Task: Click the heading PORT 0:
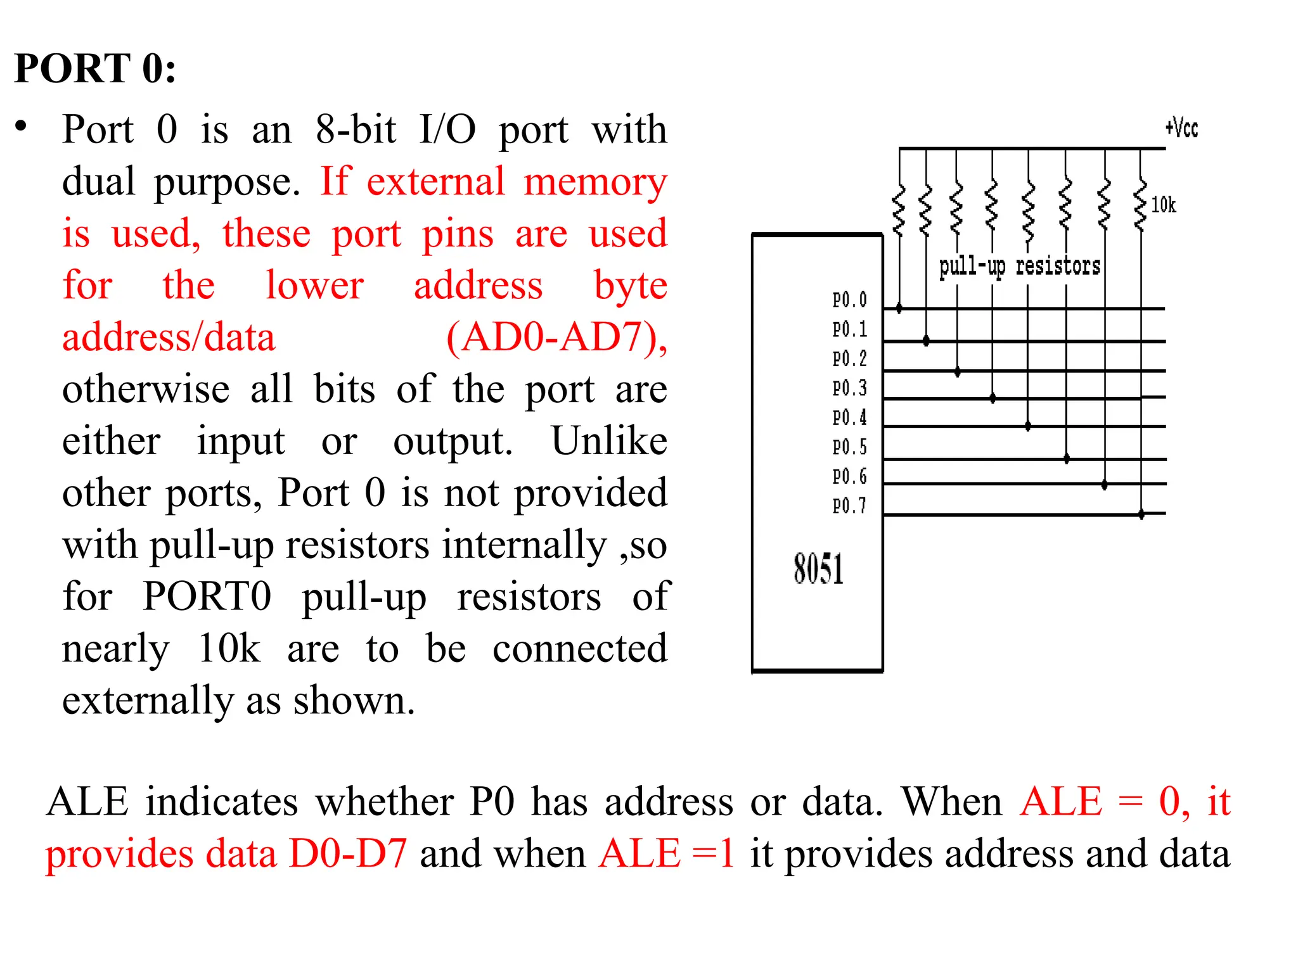(95, 68)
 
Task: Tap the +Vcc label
(1181, 128)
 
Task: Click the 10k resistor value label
(1163, 205)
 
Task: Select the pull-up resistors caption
(1019, 266)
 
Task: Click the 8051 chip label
(818, 568)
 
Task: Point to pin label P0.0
(849, 300)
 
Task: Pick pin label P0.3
(849, 388)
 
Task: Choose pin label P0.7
(849, 506)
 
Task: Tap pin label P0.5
(849, 447)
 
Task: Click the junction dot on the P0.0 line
(899, 308)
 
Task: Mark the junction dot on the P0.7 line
(1141, 514)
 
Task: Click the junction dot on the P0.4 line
(1028, 426)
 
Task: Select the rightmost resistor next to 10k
(1141, 206)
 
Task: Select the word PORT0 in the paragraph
(207, 596)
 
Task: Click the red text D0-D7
(347, 853)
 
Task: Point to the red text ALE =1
(667, 853)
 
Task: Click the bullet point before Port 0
(22, 127)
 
